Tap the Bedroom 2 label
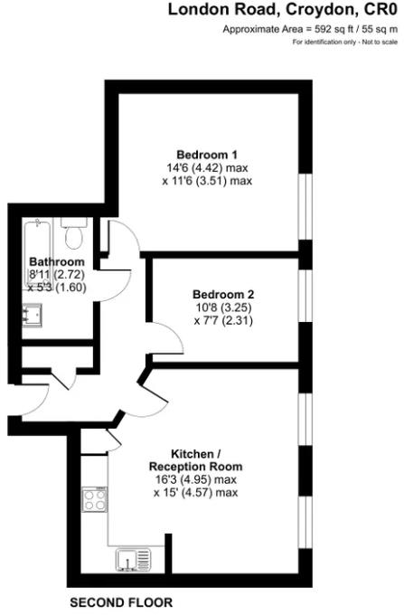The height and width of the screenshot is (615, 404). click(223, 294)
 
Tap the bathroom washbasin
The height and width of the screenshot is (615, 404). click(33, 314)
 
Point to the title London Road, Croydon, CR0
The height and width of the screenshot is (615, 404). click(283, 11)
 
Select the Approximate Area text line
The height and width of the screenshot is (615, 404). click(310, 30)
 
